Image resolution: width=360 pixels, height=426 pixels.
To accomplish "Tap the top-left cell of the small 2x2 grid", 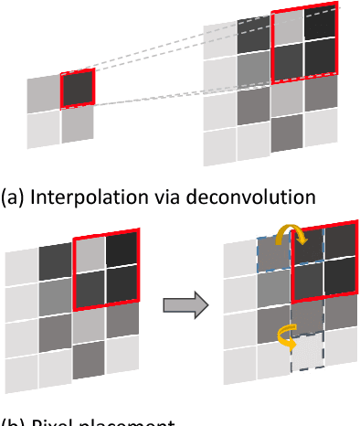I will [x=44, y=94].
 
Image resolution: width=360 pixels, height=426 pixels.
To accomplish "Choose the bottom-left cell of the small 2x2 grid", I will [x=43, y=127].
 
